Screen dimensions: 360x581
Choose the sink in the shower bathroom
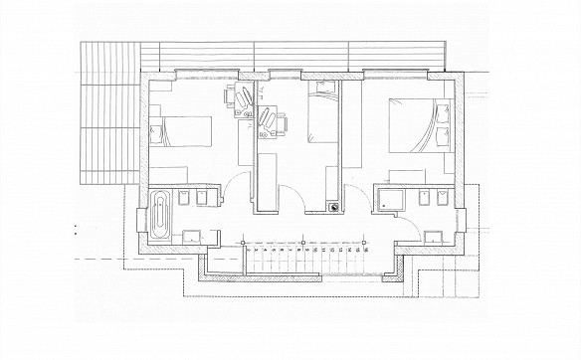click(434, 237)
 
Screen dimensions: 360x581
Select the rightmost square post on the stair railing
click(367, 242)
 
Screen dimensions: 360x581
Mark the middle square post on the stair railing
click(302, 242)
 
